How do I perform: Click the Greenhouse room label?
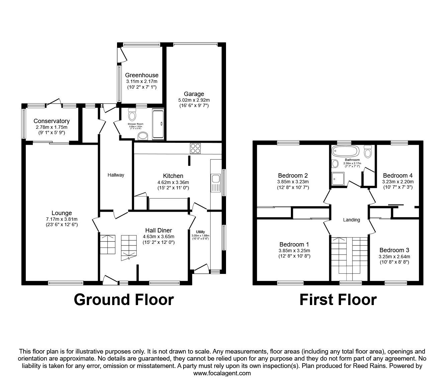(142, 75)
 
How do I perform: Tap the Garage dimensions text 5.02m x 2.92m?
(194, 100)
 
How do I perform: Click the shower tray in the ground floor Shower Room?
(158, 124)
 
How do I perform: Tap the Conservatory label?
(51, 121)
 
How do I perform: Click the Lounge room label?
(62, 213)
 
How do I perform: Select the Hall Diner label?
(158, 230)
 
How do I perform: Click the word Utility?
(200, 232)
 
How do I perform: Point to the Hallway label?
(116, 175)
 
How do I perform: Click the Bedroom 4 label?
(398, 176)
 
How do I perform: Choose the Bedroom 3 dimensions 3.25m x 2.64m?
(394, 257)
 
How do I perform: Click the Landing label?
(351, 220)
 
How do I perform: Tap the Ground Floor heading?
(124, 299)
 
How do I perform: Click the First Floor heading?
(338, 299)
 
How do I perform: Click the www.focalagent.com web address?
(222, 373)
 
